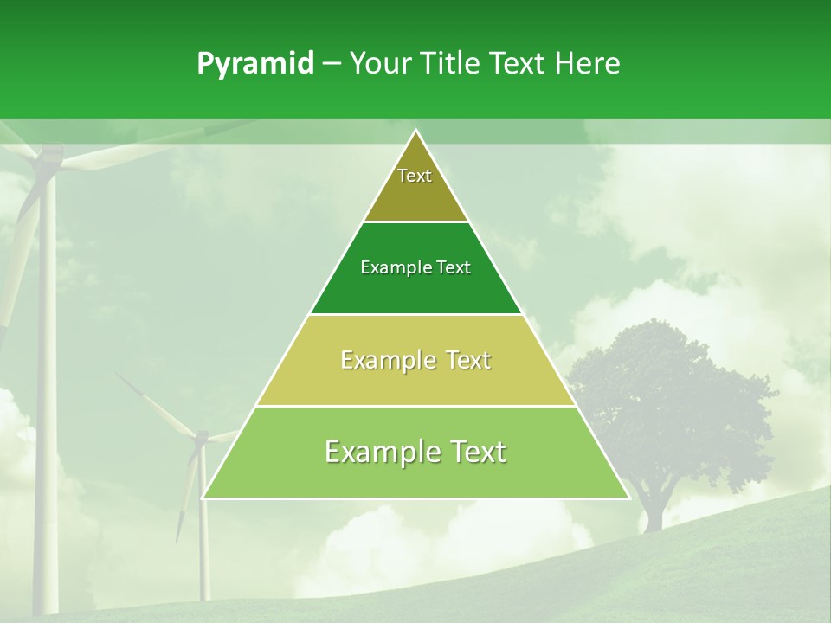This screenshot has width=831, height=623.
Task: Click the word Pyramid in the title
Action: click(254, 64)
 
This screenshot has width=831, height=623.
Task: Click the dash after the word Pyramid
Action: click(331, 64)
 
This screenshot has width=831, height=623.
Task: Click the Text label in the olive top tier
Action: click(415, 176)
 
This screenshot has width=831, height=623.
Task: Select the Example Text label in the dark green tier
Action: click(415, 267)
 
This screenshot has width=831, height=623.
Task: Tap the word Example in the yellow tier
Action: click(386, 360)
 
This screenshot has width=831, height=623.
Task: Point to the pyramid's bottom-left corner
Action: click(203, 498)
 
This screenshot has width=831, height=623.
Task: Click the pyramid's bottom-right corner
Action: click(629, 498)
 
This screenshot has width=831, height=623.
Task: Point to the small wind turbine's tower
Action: click(204, 536)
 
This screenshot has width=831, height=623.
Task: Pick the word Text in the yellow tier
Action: click(462, 360)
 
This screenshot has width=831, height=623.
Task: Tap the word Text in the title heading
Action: click(519, 63)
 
